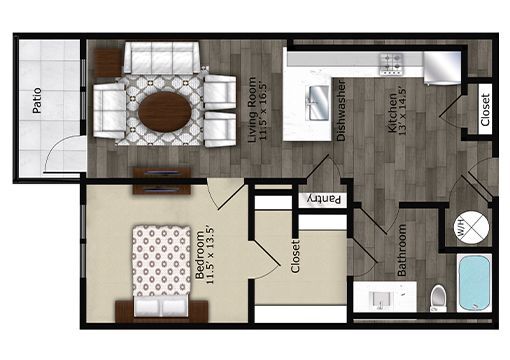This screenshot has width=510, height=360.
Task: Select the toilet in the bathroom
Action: [x=436, y=297]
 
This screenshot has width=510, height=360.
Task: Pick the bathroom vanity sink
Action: [x=381, y=300]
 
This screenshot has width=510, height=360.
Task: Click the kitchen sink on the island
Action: [x=317, y=98]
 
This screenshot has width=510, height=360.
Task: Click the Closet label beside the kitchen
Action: [x=485, y=112]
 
